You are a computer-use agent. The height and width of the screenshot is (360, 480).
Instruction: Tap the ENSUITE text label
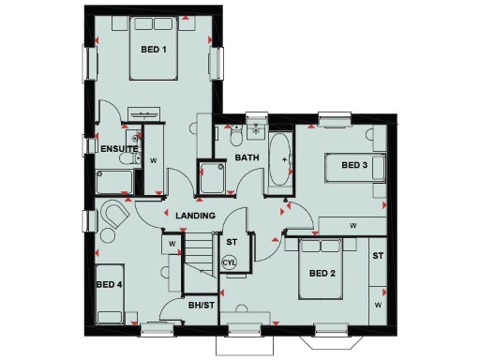[x=120, y=149]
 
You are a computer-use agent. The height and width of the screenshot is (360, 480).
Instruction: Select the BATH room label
[x=247, y=157]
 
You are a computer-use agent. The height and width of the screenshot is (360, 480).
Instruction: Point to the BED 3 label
[x=353, y=166]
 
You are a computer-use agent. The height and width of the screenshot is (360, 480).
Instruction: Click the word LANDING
[x=196, y=216]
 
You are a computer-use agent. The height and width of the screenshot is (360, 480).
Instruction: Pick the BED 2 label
[x=322, y=275]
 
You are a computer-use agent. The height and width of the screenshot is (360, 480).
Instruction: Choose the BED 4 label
[x=109, y=284]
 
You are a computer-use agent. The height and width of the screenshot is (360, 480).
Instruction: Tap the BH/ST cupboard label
[x=201, y=306]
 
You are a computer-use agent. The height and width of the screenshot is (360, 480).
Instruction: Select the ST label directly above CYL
[x=231, y=243]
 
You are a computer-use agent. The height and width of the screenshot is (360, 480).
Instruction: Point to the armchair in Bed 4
[x=115, y=215]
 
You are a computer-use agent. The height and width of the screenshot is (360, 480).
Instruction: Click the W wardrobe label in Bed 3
[x=353, y=226]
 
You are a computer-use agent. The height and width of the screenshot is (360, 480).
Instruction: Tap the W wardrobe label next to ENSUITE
[x=153, y=160]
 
